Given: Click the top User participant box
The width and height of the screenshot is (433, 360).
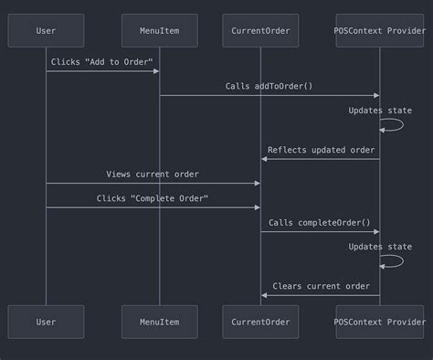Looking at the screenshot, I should coord(46,30).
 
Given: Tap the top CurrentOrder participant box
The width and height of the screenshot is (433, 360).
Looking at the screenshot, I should coord(260,30).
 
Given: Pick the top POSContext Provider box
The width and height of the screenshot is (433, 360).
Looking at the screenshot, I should coord(380,30).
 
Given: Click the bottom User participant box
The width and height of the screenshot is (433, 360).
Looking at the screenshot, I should coord(46,322).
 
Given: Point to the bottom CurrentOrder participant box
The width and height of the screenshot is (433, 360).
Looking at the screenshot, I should coord(260,322).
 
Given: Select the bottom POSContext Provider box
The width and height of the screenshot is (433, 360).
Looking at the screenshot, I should coord(380,322).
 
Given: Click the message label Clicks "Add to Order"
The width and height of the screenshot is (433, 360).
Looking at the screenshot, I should coord(102,61).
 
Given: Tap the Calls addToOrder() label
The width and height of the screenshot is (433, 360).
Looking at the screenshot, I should coord(269,86).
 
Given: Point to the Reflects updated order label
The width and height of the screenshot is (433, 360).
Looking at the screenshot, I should coord(321,150).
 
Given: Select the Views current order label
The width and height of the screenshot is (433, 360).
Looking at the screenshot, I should coord(153,174).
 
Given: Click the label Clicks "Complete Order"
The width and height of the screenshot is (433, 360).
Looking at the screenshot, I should coord(153,198).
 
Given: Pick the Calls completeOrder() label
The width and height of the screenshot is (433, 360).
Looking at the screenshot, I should coord(320,222).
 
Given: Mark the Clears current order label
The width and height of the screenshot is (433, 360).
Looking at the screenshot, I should coord(321,286).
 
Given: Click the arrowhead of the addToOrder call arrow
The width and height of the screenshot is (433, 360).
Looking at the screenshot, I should coord(375,95).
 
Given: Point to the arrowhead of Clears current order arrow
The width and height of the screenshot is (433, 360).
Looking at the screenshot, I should coord(265,295).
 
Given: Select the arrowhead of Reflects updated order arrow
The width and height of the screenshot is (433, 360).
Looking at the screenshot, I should coord(265,159).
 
